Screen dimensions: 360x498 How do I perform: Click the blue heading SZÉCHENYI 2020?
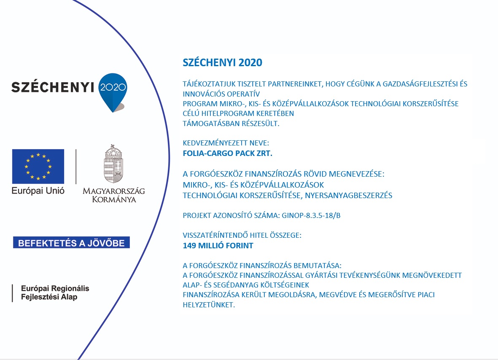coord(222,63)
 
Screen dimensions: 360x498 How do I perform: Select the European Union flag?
coord(38,166)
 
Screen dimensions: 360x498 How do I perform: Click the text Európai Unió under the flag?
coord(38,191)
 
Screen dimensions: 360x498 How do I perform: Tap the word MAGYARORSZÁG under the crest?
coord(114,191)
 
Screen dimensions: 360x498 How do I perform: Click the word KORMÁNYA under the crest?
coord(114,199)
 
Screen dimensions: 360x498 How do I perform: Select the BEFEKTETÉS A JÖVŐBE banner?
coord(71,243)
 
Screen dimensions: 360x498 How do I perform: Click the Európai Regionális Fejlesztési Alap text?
coord(55,293)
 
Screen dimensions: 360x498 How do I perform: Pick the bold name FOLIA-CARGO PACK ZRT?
coord(228,153)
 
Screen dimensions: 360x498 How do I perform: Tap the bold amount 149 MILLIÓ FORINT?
coord(218,245)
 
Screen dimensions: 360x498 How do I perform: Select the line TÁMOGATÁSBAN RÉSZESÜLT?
coord(231,124)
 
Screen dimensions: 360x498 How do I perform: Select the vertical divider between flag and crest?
coord(76,166)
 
